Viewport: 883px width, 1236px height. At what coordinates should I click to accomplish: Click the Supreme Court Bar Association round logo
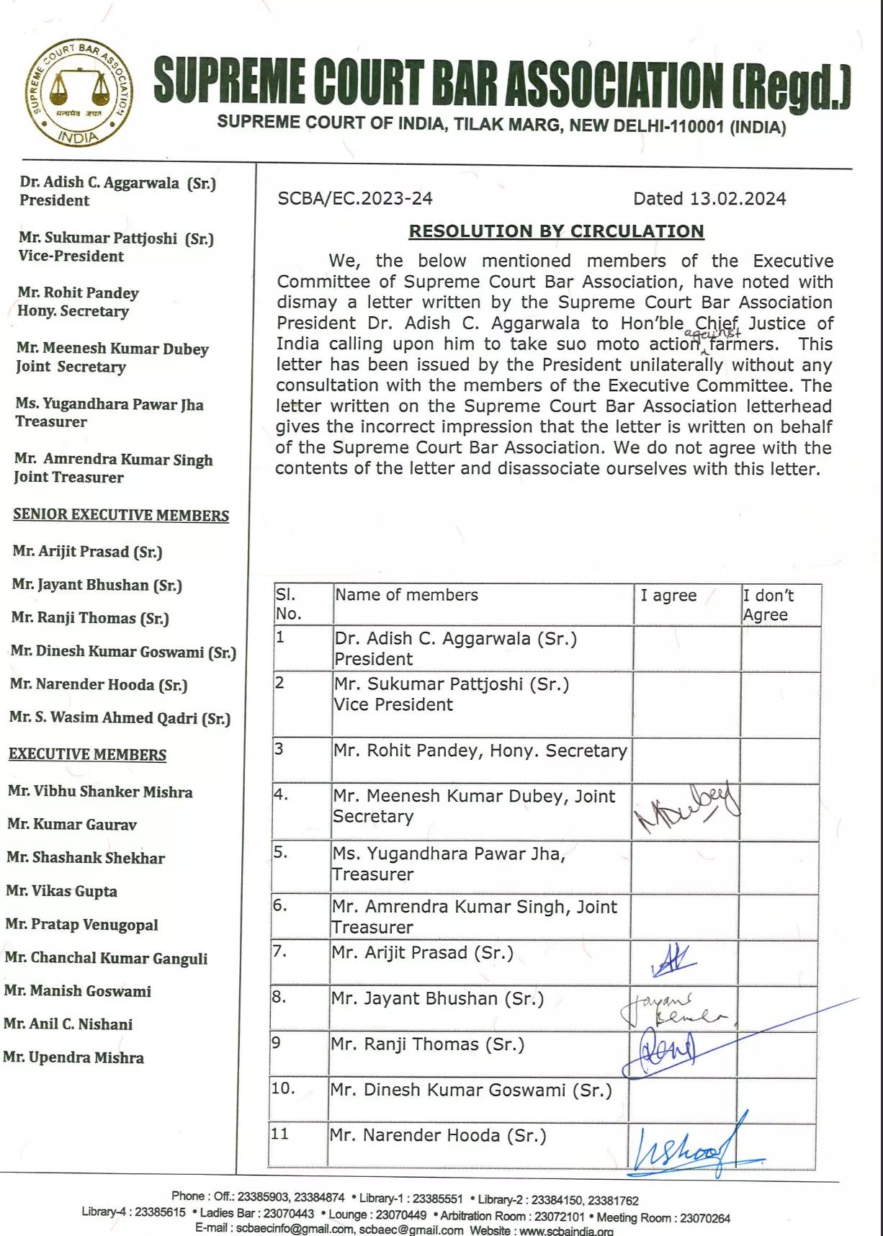point(79,93)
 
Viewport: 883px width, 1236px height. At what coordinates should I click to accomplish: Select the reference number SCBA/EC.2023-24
point(355,198)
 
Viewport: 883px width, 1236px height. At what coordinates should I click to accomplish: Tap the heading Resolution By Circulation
point(556,231)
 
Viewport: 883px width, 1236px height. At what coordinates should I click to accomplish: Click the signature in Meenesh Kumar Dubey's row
point(686,808)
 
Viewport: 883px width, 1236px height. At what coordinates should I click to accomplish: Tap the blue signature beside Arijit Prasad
point(673,960)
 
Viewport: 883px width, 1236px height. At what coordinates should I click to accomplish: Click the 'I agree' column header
point(668,596)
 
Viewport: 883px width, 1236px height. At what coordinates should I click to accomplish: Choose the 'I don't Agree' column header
point(768,605)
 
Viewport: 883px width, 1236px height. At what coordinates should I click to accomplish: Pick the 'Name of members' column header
point(406,595)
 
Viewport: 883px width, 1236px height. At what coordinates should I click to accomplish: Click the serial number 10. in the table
point(283,1088)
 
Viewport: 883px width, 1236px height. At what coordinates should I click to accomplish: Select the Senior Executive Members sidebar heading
point(121,515)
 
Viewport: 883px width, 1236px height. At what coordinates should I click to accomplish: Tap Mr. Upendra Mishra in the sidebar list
point(73,1057)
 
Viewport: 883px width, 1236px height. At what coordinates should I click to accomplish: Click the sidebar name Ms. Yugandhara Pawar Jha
point(109,404)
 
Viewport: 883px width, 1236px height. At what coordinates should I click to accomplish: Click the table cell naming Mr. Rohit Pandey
point(480,751)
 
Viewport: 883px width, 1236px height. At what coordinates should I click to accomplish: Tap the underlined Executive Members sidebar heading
point(87,754)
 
